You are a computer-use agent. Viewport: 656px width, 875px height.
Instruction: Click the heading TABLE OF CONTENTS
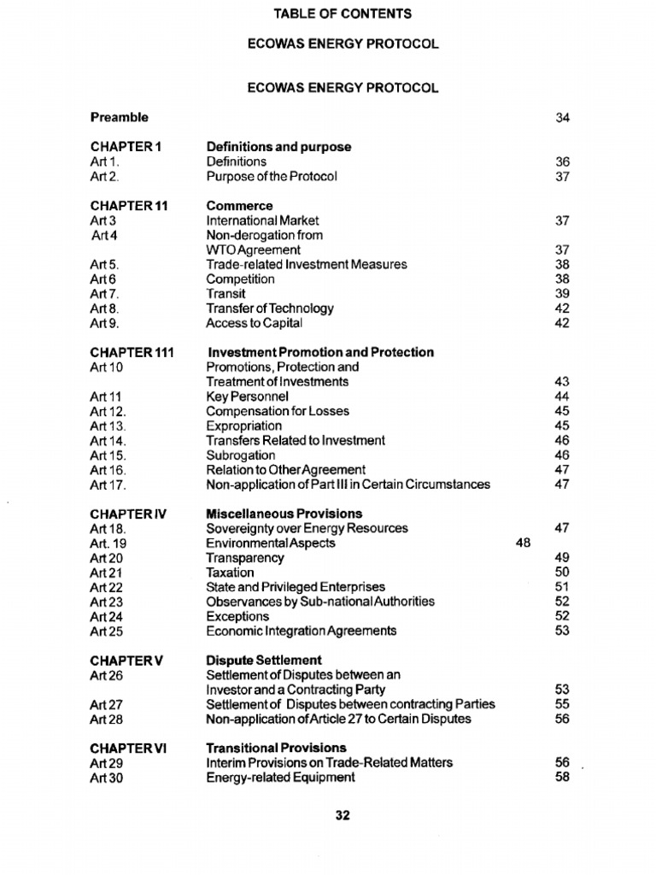pos(342,14)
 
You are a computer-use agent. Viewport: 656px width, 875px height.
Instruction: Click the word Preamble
pos(119,117)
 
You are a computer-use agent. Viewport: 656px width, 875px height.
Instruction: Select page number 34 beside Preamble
pos(562,118)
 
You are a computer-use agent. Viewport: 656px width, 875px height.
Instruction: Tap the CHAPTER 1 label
pos(126,147)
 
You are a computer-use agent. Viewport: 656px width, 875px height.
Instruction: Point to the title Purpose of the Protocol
pos(272,177)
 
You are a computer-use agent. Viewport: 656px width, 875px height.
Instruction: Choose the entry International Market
pos(262,220)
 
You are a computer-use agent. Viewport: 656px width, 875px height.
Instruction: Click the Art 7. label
pos(105,294)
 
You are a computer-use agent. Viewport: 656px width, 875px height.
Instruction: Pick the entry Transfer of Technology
pos(269,308)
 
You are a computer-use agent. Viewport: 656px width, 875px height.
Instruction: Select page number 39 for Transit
pos(562,294)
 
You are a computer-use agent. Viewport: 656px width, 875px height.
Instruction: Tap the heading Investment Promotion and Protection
pos(320,353)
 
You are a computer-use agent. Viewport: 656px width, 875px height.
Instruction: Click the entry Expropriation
pos(243,426)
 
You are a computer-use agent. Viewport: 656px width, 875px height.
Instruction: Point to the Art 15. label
pos(108,455)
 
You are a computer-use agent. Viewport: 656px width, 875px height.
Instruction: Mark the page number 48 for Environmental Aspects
pos(524,543)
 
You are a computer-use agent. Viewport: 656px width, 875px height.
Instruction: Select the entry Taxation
pos(230,573)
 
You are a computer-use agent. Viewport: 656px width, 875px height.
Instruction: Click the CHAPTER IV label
pos(127,514)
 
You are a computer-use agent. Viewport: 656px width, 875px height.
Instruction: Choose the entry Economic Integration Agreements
pos(301,631)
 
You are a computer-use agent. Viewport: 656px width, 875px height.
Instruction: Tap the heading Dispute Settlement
pos(264,661)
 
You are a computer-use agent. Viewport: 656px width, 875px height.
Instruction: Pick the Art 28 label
pos(107,719)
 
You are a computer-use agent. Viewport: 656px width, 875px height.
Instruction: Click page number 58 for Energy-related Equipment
pos(562,778)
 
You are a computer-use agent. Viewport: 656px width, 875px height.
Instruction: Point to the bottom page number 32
pos(343,816)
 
